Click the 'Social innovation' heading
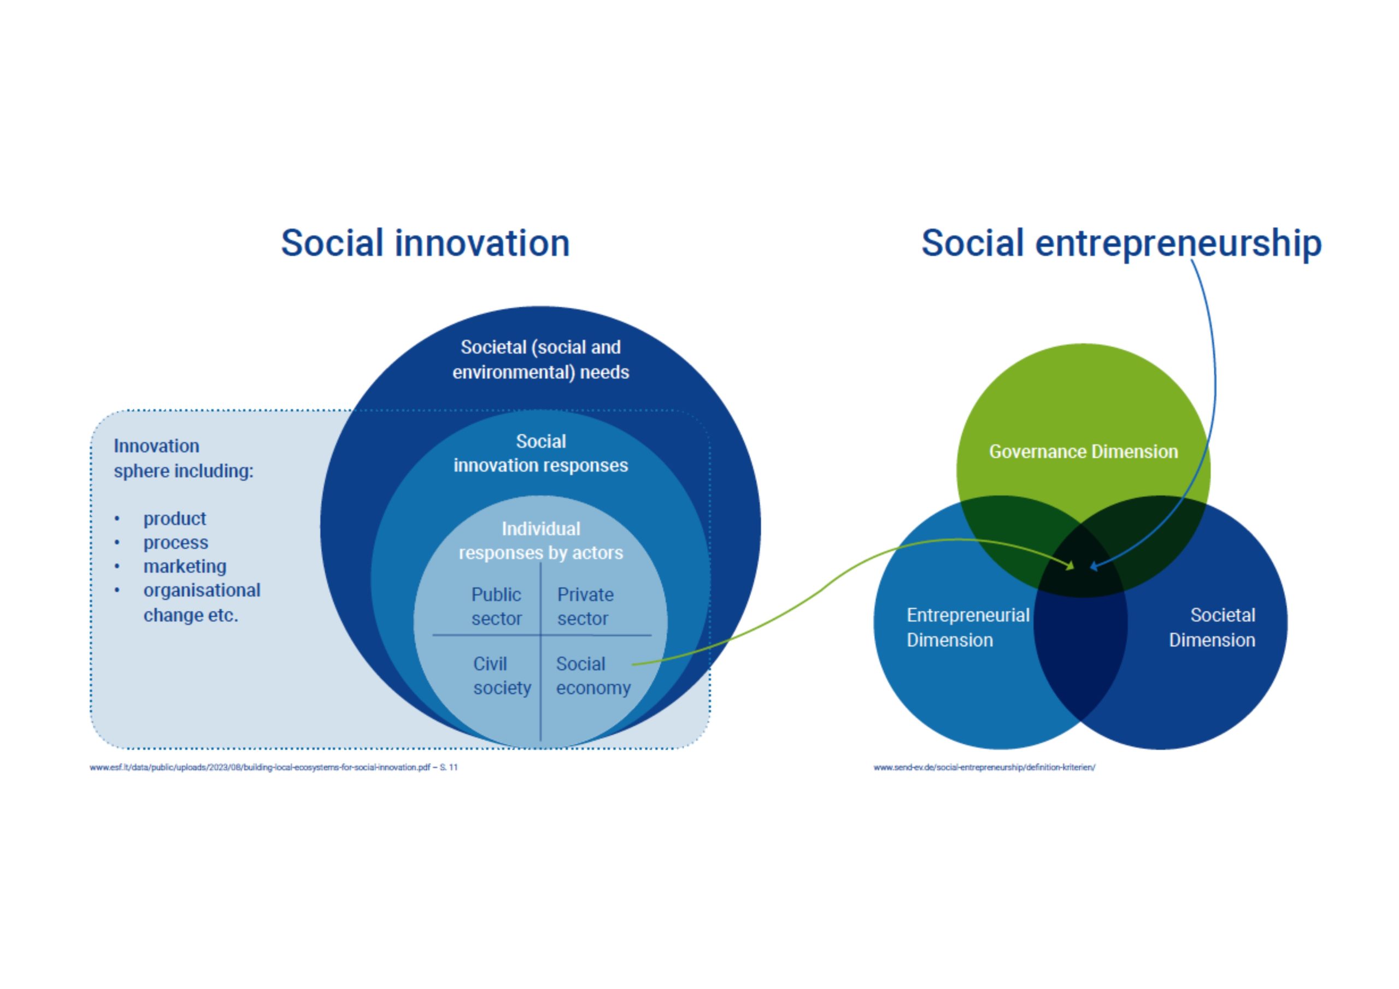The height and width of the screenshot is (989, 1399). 425,243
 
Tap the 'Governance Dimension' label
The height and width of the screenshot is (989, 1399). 1083,451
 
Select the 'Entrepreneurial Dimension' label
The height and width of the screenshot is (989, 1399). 968,628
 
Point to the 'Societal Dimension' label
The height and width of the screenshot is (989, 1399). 1212,628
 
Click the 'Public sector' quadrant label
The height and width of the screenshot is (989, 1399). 496,607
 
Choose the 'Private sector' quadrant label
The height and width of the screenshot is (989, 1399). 585,607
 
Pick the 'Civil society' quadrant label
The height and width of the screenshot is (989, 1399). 502,676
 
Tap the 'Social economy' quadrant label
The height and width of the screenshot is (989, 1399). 593,676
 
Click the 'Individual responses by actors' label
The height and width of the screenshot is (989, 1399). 540,541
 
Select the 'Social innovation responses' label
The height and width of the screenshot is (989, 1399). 540,454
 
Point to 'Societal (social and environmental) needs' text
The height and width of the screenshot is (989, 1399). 540,360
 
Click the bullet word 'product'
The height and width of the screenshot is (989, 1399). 175,519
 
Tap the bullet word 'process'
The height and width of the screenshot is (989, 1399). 175,543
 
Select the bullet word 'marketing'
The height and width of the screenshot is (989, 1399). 185,567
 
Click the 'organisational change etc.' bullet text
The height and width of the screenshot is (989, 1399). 202,603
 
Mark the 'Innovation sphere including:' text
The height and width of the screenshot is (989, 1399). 184,458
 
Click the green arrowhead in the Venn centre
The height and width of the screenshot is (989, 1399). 1069,566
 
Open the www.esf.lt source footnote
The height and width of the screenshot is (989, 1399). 274,767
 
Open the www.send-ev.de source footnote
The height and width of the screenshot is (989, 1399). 984,767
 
